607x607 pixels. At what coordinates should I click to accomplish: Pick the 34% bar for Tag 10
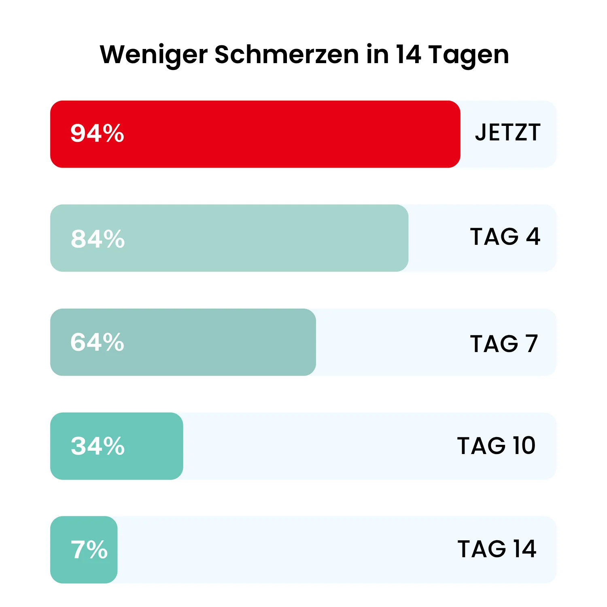[x=154, y=446]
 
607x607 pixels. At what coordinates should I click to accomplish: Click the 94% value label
[x=97, y=133]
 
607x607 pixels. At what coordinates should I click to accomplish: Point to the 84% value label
[x=98, y=238]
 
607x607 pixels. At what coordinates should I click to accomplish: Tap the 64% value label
[x=97, y=342]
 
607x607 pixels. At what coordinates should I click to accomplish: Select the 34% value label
[x=98, y=446]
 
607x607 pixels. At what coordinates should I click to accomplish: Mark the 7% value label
[x=89, y=550]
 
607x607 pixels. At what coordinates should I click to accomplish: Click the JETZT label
[x=507, y=132]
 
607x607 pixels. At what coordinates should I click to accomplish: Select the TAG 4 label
[x=505, y=236]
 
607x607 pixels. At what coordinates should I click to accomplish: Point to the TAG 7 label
[x=504, y=344]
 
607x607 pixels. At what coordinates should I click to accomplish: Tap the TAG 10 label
[x=496, y=446]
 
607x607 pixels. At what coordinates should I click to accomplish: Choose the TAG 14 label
[x=497, y=549]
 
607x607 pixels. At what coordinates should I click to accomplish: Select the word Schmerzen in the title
[x=287, y=54]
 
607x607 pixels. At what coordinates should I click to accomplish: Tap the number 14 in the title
[x=409, y=54]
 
